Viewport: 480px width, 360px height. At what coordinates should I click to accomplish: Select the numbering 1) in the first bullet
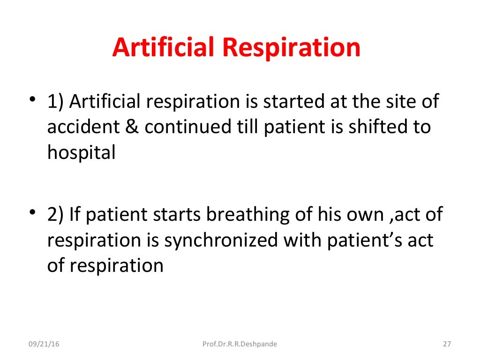pyautogui.click(x=56, y=102)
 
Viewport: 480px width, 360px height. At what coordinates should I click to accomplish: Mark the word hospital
pyautogui.click(x=81, y=154)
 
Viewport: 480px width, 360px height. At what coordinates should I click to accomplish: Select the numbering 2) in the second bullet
pyautogui.click(x=56, y=215)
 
